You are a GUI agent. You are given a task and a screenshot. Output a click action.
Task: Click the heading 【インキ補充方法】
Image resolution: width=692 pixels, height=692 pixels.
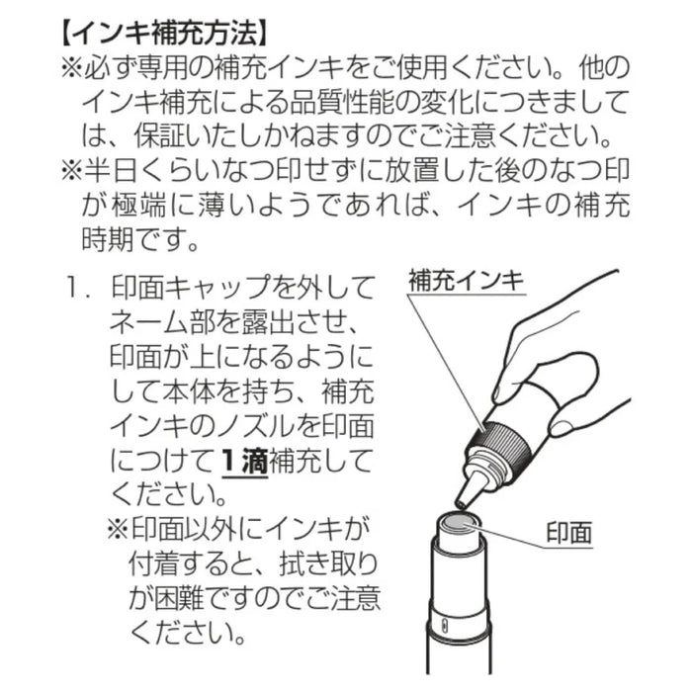tap(163, 36)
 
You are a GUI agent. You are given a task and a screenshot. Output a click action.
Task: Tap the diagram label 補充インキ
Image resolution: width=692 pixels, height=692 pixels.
tap(466, 280)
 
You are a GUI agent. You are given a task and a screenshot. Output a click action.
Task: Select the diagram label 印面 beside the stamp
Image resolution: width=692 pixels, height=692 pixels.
tap(568, 532)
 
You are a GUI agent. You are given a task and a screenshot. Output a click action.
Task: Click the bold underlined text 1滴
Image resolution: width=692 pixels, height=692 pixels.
tap(244, 462)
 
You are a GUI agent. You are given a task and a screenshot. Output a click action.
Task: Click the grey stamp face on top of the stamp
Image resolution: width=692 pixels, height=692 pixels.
tap(459, 523)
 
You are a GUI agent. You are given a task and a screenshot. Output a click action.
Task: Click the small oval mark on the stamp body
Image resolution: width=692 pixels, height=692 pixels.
tap(445, 626)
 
